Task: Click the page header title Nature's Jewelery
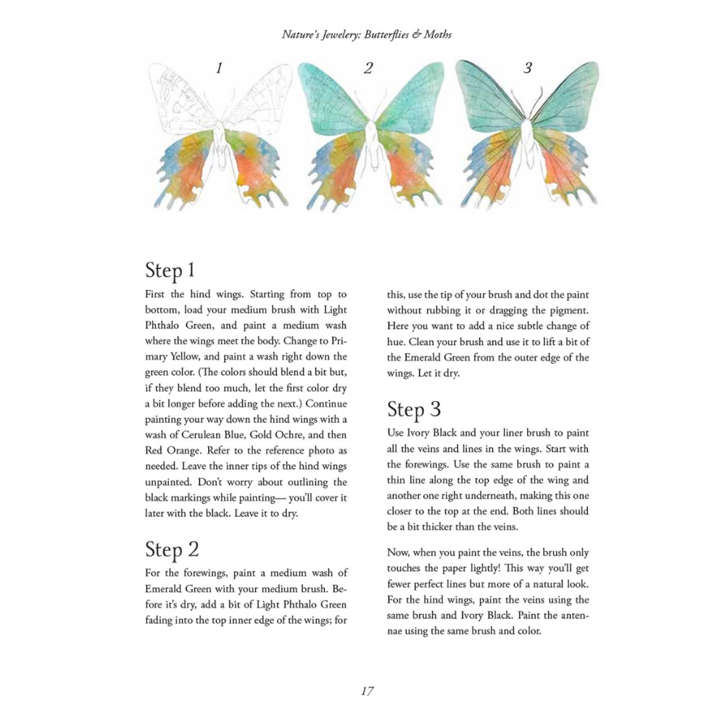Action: coord(367,34)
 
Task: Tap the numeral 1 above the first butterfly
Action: coord(219,69)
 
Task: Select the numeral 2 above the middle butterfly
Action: coord(368,69)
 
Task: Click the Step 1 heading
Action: coord(170,270)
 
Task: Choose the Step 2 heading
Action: coord(172,548)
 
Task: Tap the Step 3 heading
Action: coord(414,409)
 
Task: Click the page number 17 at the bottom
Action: coord(367,691)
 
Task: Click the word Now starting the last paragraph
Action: coord(400,552)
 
